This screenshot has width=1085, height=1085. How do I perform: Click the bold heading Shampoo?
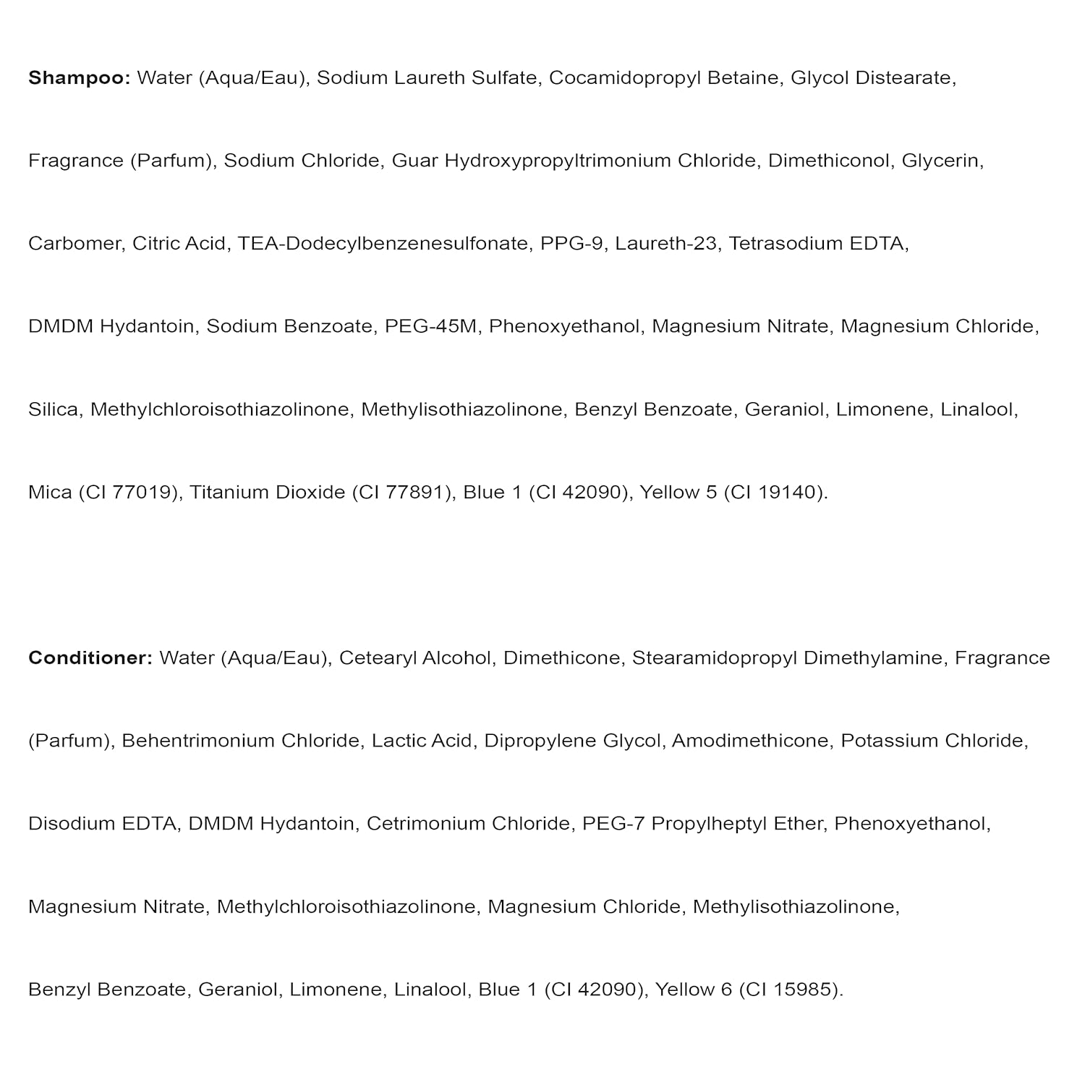coord(78,78)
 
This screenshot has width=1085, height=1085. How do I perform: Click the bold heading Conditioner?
coord(90,658)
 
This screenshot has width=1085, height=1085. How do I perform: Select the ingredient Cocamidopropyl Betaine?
coord(665,78)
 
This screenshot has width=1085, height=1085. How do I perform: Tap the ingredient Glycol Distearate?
coord(872,78)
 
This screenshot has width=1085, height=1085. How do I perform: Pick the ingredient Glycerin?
coord(941,161)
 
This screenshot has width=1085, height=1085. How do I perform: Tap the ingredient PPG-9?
coord(571,244)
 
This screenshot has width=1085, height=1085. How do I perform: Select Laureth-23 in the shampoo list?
coord(665,244)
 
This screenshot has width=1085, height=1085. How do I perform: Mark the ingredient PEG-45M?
coord(430,326)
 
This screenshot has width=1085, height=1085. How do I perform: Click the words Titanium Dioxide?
coord(267,493)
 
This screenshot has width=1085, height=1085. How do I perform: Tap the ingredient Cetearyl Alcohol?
coord(414,658)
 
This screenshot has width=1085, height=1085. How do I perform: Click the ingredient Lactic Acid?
coord(422,741)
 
